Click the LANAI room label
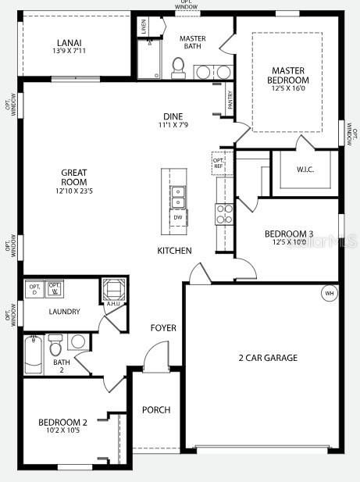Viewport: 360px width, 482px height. point(70,43)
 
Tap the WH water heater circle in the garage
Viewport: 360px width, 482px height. point(329,293)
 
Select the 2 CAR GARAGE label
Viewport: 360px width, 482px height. point(268,358)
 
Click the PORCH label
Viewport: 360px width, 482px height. point(155,410)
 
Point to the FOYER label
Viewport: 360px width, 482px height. point(163,328)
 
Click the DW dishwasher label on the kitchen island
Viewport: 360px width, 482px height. point(178,218)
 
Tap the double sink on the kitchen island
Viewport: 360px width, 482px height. point(178,197)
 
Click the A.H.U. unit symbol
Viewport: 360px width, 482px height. point(112,290)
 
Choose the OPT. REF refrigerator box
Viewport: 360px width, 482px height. point(219,163)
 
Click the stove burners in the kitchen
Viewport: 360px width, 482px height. point(224,214)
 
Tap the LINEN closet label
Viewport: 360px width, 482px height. point(143,26)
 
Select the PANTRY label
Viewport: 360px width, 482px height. point(230,100)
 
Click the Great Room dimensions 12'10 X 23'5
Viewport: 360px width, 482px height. point(75,188)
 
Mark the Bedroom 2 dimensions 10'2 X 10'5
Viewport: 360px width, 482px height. point(62,430)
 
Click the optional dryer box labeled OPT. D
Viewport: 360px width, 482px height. point(34,288)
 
